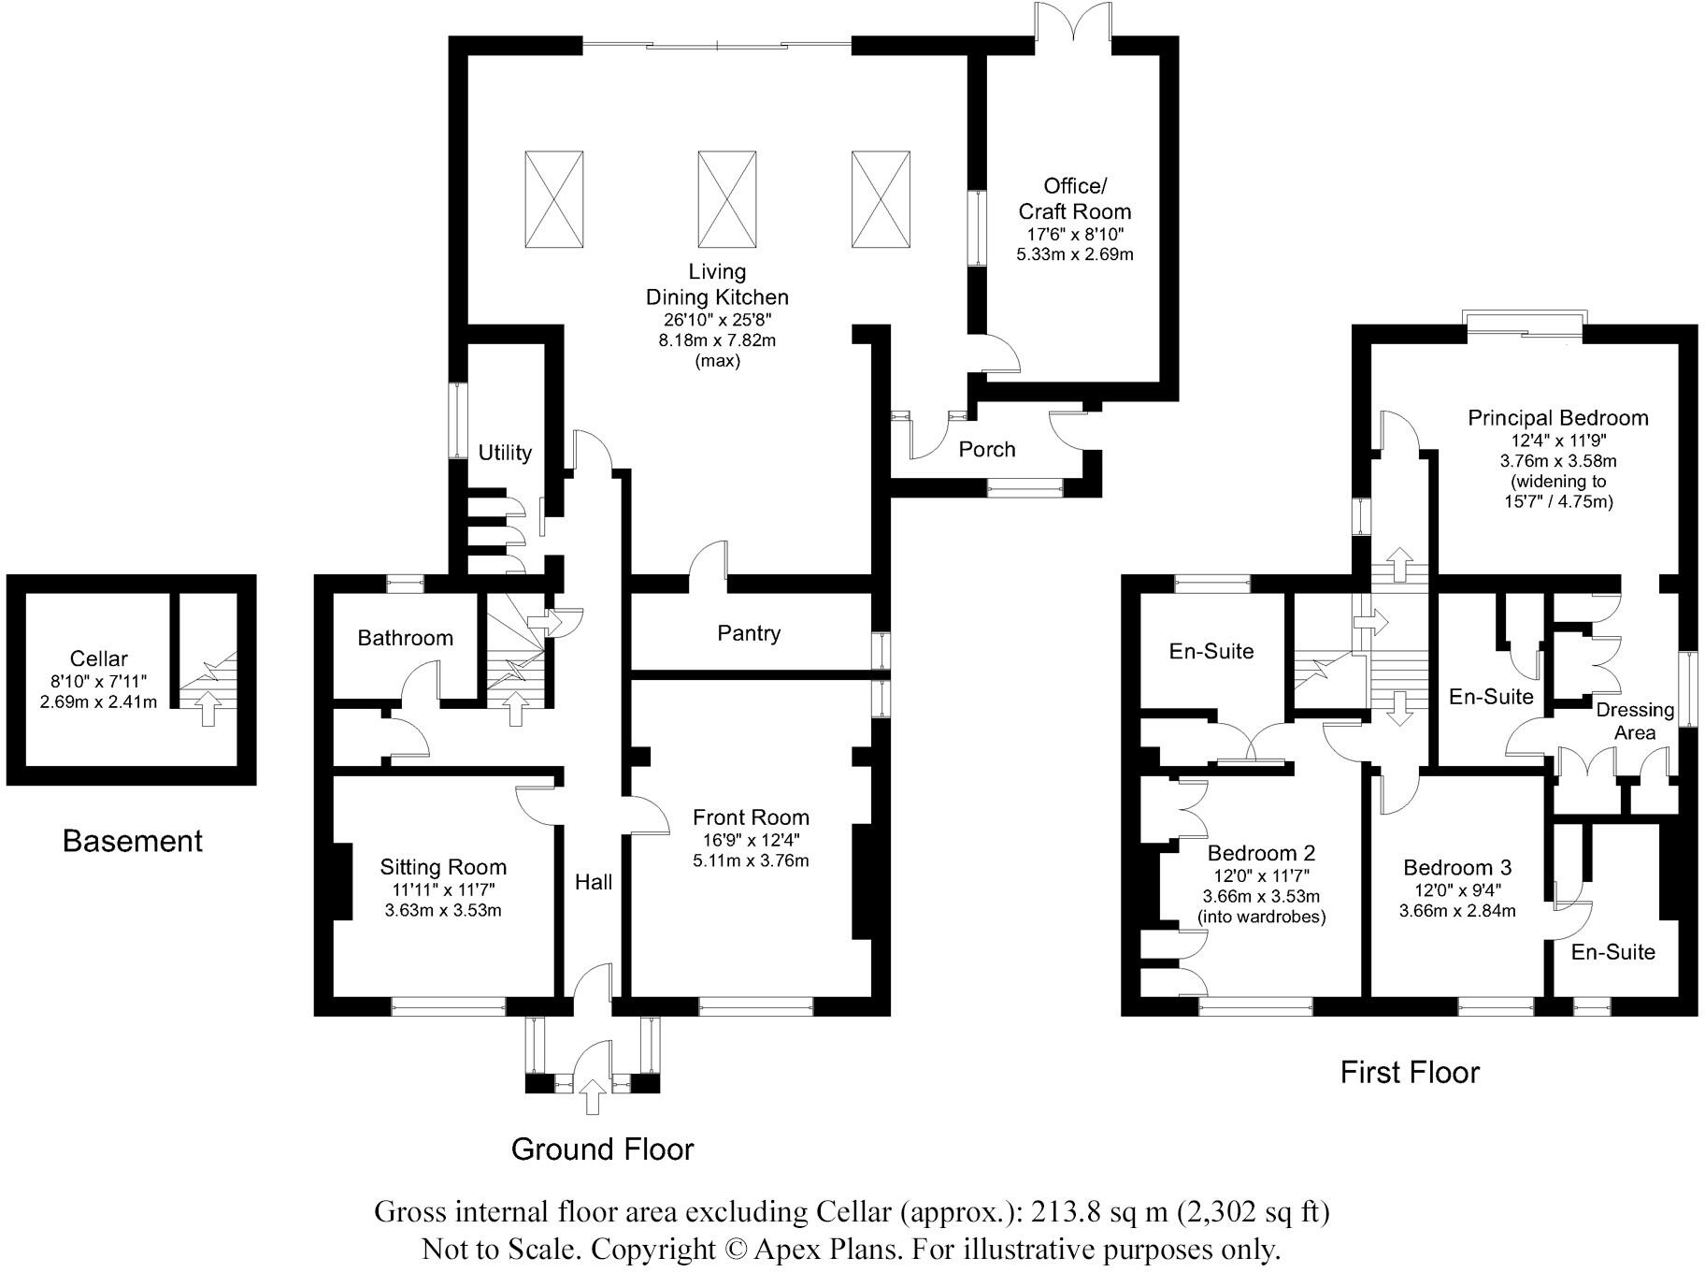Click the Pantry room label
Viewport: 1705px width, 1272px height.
click(749, 633)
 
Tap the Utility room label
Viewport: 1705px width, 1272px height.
click(505, 453)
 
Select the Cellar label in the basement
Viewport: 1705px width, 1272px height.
click(98, 658)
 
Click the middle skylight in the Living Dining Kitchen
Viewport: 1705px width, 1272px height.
click(726, 199)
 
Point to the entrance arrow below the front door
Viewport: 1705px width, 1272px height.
click(592, 1095)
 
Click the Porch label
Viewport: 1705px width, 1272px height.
click(987, 450)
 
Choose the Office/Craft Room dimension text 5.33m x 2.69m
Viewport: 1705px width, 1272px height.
click(1075, 254)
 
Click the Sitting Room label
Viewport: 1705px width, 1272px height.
click(443, 867)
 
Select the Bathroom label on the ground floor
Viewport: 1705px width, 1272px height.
click(406, 638)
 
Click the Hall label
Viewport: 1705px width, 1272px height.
click(594, 882)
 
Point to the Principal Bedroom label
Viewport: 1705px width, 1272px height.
click(1558, 418)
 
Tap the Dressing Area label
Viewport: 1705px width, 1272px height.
click(1635, 721)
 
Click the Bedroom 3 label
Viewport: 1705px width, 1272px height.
click(1457, 868)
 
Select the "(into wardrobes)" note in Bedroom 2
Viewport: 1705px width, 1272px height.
click(1262, 917)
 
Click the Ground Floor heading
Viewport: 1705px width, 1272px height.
click(603, 1149)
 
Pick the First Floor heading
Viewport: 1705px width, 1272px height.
click(1410, 1072)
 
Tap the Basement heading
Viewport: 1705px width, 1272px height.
click(133, 841)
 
